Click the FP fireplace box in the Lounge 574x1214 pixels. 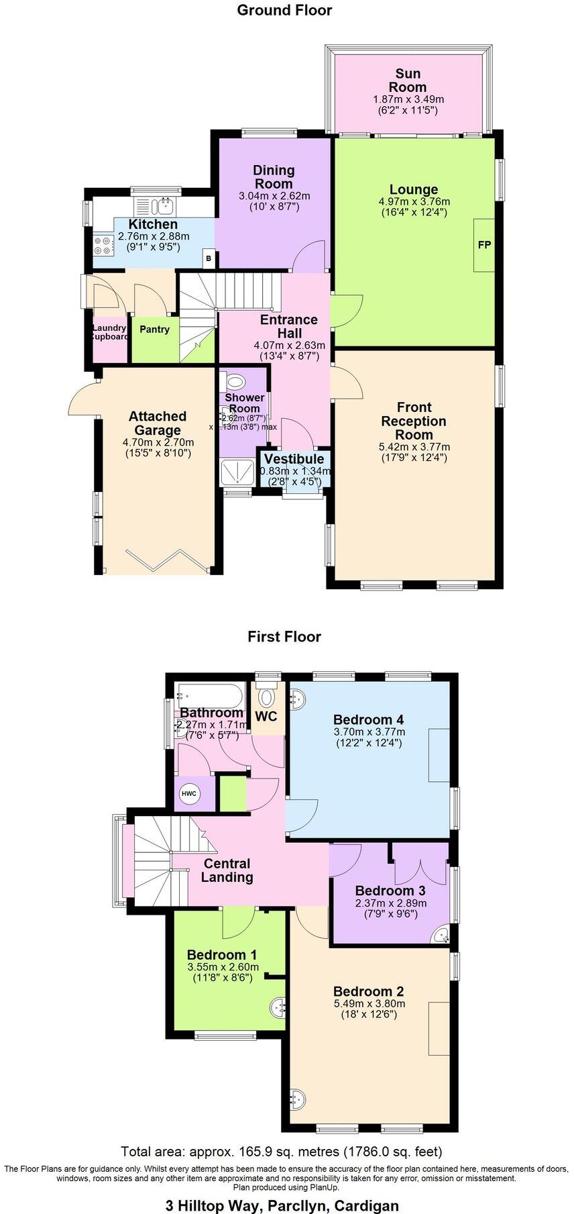coord(483,245)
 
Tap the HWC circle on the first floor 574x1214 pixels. coord(189,794)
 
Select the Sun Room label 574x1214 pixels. coord(408,81)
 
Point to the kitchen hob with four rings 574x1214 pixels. coord(104,244)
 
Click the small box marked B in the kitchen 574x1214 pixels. coord(209,258)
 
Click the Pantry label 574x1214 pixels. coord(154,330)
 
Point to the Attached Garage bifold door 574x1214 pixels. coord(164,559)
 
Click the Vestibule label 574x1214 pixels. coord(294,459)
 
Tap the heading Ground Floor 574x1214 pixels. coord(284,10)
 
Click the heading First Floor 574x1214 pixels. coord(284,636)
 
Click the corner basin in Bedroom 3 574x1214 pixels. coord(440,935)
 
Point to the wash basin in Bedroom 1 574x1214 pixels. coord(280,1007)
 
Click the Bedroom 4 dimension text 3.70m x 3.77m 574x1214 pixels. coord(369,732)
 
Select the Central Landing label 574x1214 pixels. coord(227,870)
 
